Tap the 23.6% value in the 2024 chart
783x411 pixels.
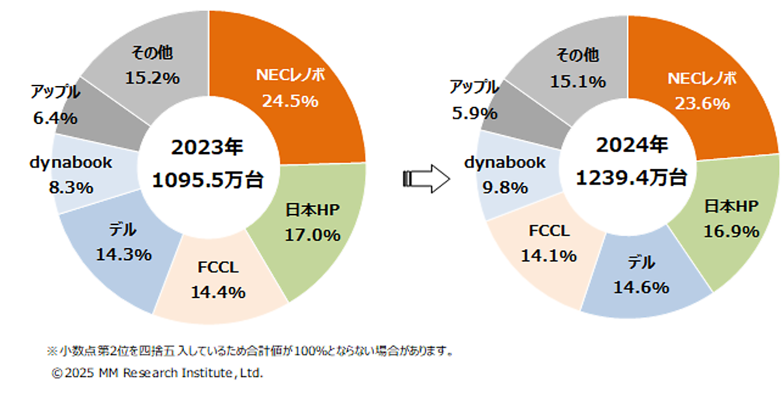(x=701, y=103)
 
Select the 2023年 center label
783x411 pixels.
(x=207, y=148)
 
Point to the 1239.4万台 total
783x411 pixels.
(x=631, y=177)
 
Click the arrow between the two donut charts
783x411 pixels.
(x=426, y=178)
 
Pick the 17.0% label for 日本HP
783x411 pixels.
(x=313, y=235)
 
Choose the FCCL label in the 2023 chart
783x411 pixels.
(x=218, y=268)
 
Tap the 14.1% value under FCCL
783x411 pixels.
(x=549, y=256)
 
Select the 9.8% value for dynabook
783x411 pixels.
(x=506, y=188)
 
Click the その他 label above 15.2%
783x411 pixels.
(x=152, y=53)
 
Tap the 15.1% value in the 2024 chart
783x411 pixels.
(x=578, y=82)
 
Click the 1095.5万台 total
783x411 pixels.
(x=207, y=180)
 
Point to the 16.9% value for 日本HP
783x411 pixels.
(x=731, y=232)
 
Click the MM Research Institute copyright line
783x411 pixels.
(x=157, y=374)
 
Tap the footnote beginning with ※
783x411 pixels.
(x=251, y=351)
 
